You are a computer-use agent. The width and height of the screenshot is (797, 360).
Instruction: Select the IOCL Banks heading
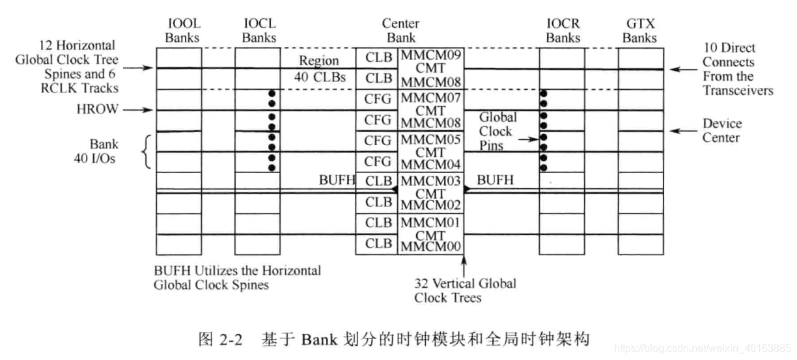click(259, 31)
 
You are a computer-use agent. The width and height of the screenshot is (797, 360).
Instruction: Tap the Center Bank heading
click(400, 31)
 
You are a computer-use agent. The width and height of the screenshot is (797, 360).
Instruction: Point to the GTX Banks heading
click(639, 31)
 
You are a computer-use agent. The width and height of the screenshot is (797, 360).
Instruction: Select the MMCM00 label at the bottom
click(431, 247)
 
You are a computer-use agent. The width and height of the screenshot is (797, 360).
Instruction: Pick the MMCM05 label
click(431, 139)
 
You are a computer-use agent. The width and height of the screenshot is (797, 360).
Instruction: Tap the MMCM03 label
click(431, 180)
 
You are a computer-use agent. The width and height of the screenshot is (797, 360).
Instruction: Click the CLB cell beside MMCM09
click(378, 57)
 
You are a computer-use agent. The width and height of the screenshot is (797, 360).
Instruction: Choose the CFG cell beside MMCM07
click(378, 99)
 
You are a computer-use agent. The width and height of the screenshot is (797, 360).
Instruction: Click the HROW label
click(105, 110)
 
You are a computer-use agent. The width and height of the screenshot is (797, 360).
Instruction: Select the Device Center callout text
click(722, 130)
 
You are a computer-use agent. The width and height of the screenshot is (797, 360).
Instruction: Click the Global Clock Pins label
click(497, 132)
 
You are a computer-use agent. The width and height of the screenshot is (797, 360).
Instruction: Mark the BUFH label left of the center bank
click(337, 180)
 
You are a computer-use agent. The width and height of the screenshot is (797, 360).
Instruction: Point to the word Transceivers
click(738, 90)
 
